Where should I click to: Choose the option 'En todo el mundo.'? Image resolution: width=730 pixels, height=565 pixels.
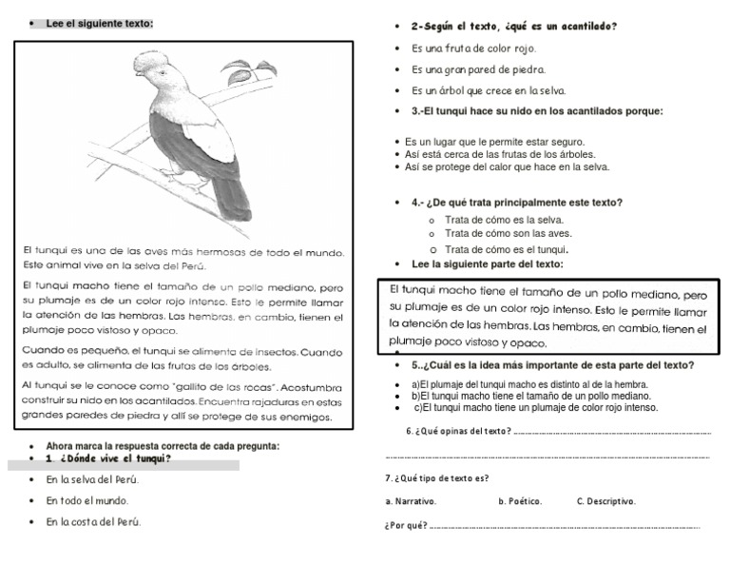[x=86, y=500]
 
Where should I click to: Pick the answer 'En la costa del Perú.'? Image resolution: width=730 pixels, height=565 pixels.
[x=93, y=522]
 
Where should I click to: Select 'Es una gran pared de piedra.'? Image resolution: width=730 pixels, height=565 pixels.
[x=478, y=69]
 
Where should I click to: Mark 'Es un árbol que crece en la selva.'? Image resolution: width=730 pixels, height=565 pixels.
[x=488, y=91]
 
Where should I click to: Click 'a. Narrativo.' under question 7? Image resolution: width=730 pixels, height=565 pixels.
[x=411, y=501]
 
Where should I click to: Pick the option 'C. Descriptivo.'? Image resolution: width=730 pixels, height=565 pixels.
[x=605, y=501]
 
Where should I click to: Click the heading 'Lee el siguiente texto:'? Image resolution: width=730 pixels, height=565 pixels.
[x=99, y=23]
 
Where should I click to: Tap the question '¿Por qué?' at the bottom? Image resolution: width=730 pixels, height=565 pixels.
[x=406, y=525]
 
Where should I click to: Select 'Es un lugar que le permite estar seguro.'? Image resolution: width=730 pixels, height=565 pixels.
[x=494, y=142]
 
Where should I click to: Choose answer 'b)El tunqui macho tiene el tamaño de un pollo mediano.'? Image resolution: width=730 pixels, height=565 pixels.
[x=530, y=396]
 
